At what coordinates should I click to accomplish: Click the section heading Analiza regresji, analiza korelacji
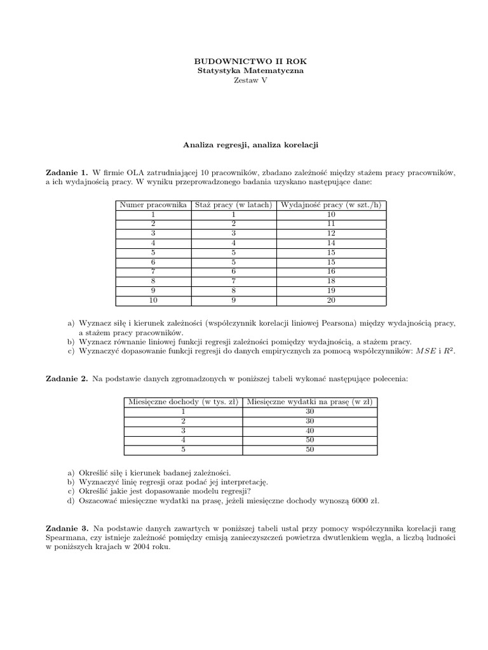click(250, 145)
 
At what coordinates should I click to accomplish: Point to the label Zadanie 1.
click(67, 172)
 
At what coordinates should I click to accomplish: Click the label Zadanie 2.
click(67, 379)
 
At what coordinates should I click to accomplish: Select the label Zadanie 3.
click(67, 528)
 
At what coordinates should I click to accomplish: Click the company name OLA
click(136, 172)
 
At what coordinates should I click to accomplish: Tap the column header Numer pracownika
click(152, 205)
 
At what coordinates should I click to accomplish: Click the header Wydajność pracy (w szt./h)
click(330, 205)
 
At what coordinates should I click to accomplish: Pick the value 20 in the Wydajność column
click(330, 300)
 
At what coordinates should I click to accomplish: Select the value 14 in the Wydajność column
click(330, 242)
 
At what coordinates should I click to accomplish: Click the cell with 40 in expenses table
click(310, 430)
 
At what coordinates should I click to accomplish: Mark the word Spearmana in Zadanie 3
click(65, 538)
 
